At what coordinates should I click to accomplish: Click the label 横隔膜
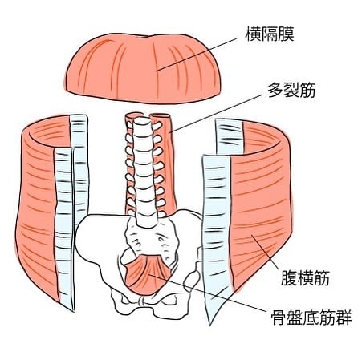pos(270,34)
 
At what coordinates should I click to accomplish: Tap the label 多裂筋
pos(292,90)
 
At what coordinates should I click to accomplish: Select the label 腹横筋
pos(305,278)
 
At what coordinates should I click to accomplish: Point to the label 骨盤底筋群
pos(311,318)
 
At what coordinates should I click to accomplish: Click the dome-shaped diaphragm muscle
pos(144,68)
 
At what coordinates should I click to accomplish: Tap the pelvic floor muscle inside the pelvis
pos(148,274)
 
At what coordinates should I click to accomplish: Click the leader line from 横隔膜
pos(197,55)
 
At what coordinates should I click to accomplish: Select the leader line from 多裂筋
pos(216,113)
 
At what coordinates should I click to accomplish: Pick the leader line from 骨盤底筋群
pos(208,293)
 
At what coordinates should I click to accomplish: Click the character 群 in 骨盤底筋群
pos(344,318)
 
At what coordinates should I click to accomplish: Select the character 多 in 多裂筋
pos(275,90)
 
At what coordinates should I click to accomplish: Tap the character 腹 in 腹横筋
pos(288,278)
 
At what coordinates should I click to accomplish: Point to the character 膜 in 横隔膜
pos(286,34)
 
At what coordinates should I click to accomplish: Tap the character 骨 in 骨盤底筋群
pos(279,318)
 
